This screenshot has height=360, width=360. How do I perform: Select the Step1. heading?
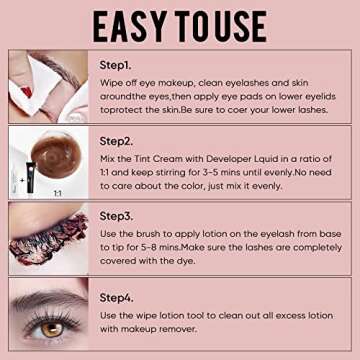119,64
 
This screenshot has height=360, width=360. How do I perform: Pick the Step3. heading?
119,215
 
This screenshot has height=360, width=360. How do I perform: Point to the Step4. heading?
119,296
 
